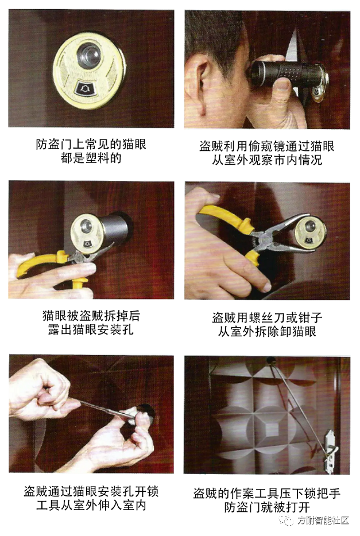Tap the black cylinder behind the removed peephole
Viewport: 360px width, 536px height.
click(115, 230)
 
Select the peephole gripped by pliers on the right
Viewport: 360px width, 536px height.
click(309, 232)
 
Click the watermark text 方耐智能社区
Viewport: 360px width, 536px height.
click(323, 521)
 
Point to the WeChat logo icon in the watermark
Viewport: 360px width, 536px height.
click(287, 521)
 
